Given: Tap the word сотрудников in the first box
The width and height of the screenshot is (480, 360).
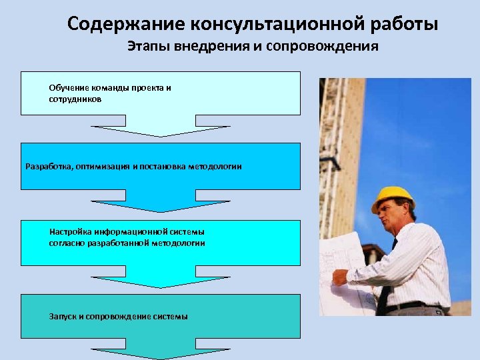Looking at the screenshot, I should (75, 99).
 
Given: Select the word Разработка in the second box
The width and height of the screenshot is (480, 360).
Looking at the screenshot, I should (49, 166).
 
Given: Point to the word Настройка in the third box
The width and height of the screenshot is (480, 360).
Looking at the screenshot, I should (70, 232).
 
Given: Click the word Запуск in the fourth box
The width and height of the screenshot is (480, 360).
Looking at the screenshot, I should (63, 315).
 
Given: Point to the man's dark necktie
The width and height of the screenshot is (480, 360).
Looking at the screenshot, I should (386, 280).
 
